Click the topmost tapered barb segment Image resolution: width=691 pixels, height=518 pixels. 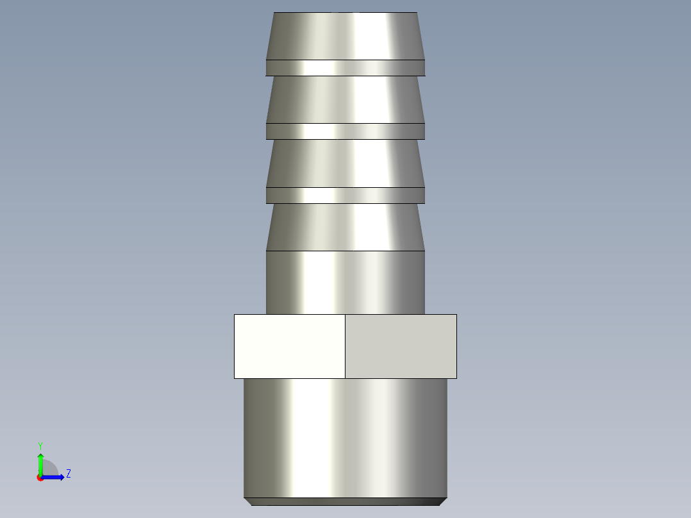click(x=345, y=36)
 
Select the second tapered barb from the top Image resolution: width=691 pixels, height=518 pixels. click(x=345, y=99)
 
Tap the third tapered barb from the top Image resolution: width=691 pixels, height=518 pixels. click(x=345, y=163)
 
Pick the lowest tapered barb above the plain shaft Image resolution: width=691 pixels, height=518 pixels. click(x=345, y=227)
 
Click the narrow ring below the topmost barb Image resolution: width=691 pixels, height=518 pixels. click(x=345, y=67)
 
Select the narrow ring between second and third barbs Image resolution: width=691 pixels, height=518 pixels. click(x=345, y=131)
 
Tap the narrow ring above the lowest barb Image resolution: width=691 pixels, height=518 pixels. click(x=345, y=195)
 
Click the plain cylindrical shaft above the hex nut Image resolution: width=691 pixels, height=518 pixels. click(x=345, y=282)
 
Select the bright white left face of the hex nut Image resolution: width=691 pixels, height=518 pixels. click(x=289, y=346)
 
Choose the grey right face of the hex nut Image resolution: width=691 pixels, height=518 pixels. click(x=401, y=346)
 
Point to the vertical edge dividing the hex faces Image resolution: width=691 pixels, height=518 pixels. click(x=345, y=346)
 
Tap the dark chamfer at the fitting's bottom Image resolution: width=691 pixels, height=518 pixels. click(x=345, y=501)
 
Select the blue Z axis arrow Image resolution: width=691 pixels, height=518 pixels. click(x=54, y=477)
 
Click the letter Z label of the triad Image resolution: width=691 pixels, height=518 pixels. click(x=68, y=474)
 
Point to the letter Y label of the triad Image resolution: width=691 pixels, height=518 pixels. click(x=40, y=446)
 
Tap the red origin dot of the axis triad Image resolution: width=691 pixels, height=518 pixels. click(x=40, y=478)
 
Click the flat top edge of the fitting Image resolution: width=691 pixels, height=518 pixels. click(x=345, y=13)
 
